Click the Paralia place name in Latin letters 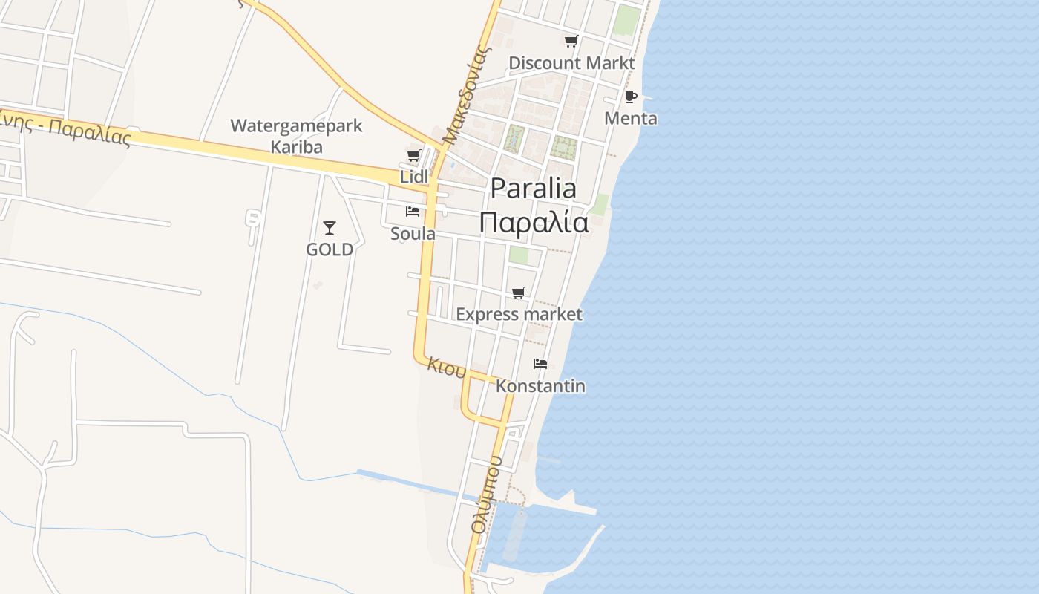(x=533, y=189)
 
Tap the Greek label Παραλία (x=533, y=222)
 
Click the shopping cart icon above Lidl (x=414, y=156)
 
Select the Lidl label (x=414, y=177)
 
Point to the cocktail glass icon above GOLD (x=330, y=228)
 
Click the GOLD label (x=330, y=249)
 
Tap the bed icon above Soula (x=413, y=212)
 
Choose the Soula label (x=413, y=233)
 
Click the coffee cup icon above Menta (x=631, y=97)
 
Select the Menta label (x=631, y=118)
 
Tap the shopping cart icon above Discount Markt (x=571, y=42)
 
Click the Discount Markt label (x=571, y=63)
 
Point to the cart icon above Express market (x=519, y=293)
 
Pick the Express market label (x=519, y=314)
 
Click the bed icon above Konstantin (x=540, y=364)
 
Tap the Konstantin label (x=540, y=386)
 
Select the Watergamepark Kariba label (x=296, y=136)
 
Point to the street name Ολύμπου (x=487, y=495)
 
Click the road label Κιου (x=447, y=367)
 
